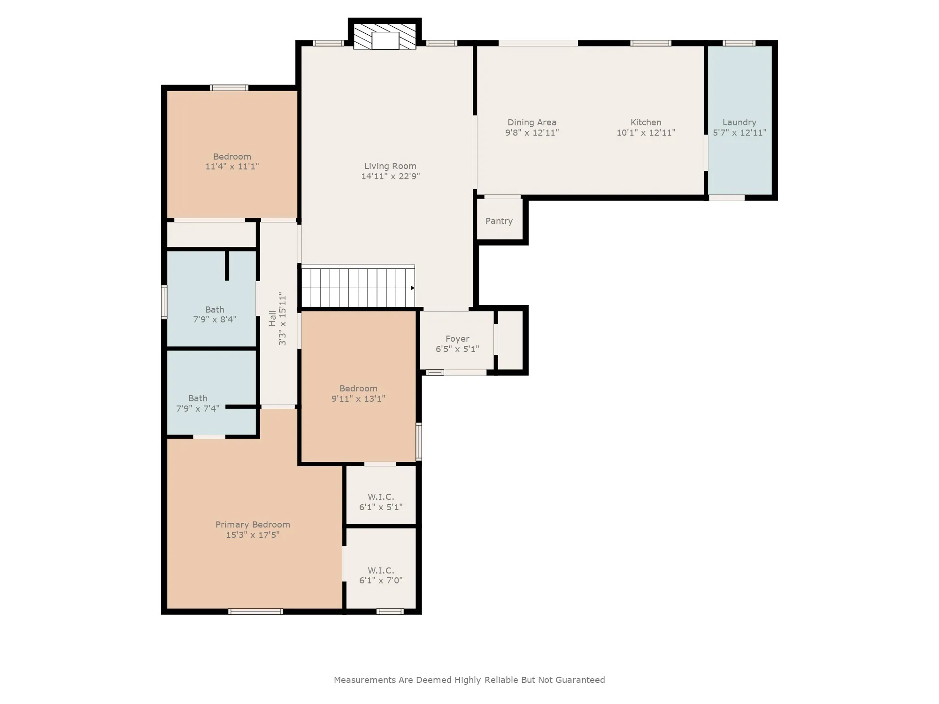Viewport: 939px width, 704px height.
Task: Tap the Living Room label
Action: pyautogui.click(x=390, y=166)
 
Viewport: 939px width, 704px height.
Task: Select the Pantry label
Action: pyautogui.click(x=499, y=221)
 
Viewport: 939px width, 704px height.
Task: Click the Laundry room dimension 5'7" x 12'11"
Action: pyautogui.click(x=739, y=133)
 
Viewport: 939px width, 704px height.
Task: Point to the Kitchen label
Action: pyautogui.click(x=646, y=122)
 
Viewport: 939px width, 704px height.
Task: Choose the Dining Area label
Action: pyautogui.click(x=532, y=122)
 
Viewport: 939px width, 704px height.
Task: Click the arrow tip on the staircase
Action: pyautogui.click(x=414, y=288)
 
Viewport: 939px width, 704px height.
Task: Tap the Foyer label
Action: pyautogui.click(x=457, y=339)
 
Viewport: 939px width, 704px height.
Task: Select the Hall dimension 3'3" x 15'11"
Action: pyautogui.click(x=282, y=319)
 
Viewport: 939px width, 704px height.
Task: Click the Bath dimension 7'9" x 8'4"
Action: pyautogui.click(x=215, y=320)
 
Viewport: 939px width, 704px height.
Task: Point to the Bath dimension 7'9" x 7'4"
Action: pyautogui.click(x=198, y=409)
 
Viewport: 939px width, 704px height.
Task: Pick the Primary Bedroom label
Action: pyautogui.click(x=253, y=525)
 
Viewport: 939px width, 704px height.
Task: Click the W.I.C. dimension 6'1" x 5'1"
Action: pyautogui.click(x=381, y=507)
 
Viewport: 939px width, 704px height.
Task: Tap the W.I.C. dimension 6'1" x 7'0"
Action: pyautogui.click(x=381, y=581)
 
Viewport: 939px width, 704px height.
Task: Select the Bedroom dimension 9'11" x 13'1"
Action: pyautogui.click(x=358, y=399)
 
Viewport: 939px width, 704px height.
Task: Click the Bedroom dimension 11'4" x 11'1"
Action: pyautogui.click(x=232, y=167)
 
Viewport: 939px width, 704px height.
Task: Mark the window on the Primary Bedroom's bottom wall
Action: pyautogui.click(x=255, y=612)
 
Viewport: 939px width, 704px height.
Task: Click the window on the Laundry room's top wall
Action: pyautogui.click(x=739, y=43)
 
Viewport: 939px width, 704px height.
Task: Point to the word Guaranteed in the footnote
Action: pyautogui.click(x=580, y=680)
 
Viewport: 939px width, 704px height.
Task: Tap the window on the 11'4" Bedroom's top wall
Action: pyautogui.click(x=229, y=88)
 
